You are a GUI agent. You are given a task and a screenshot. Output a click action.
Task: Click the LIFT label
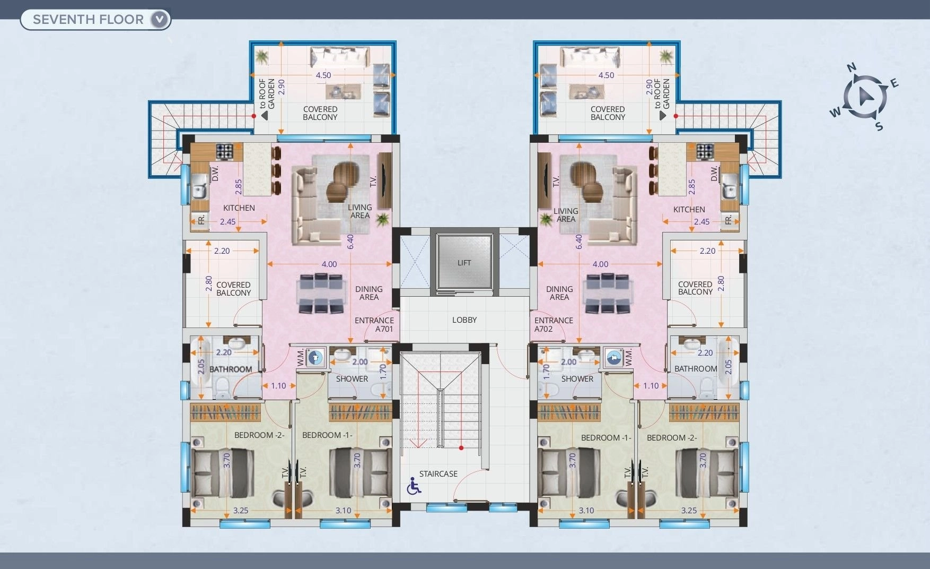pos(464,263)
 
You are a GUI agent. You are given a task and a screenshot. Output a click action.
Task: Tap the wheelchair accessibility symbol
pos(414,486)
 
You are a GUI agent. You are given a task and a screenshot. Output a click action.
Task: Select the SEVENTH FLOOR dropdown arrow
pos(160,20)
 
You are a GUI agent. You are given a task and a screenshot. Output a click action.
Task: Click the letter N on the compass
pos(852,67)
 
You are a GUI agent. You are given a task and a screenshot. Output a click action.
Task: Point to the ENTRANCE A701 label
pos(374,324)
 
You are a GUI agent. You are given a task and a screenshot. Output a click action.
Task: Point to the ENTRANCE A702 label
pos(554,324)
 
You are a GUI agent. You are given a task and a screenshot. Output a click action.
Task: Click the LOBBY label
pos(464,320)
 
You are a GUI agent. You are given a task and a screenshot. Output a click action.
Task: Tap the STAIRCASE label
pos(438,474)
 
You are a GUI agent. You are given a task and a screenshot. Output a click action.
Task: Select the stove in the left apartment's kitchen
pos(224,151)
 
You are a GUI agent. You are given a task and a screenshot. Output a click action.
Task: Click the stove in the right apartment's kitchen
pos(705,151)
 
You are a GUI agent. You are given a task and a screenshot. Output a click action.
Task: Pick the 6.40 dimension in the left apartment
pos(350,242)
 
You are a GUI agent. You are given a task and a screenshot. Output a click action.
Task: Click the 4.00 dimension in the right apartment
pos(600,264)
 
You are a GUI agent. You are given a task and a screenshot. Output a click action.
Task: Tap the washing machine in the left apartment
pos(316,357)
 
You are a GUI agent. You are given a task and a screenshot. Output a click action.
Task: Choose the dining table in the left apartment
pos(320,294)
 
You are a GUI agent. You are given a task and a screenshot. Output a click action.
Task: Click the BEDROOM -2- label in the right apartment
pos(672,438)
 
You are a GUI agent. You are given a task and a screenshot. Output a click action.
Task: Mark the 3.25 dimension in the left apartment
pos(241,511)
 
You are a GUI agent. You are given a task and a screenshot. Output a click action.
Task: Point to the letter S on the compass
pos(879,126)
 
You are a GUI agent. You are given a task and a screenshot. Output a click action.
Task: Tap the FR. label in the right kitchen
pos(729,219)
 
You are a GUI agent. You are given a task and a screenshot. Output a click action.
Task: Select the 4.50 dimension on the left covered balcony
pos(323,75)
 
